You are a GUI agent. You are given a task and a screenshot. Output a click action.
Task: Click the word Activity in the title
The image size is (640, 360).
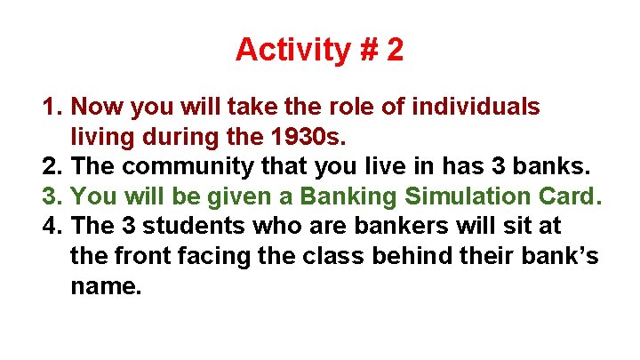(x=290, y=50)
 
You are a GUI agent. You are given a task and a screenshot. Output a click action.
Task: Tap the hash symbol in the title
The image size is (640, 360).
(x=367, y=50)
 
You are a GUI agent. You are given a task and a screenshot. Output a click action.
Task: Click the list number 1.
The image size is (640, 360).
(x=51, y=108)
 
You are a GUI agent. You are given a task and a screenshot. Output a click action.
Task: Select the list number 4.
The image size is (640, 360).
(x=51, y=225)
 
